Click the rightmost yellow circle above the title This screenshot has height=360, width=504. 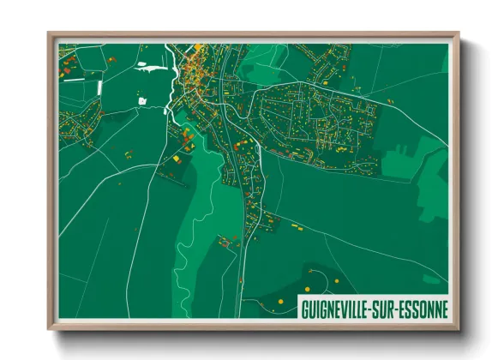tap(337, 281)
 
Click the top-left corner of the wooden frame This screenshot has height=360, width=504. tap(50, 35)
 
